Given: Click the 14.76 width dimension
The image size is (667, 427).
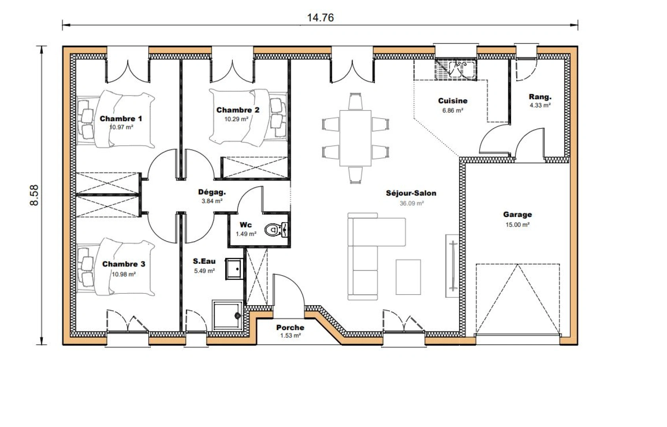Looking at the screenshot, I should [320, 18].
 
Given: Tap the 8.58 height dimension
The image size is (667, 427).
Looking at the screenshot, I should [34, 195].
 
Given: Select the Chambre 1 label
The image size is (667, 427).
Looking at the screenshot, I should [121, 119].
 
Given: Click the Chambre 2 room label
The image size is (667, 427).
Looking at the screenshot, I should [238, 110].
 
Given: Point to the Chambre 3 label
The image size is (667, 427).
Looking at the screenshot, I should [124, 264].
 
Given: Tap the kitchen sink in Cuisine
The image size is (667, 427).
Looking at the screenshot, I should [456, 69].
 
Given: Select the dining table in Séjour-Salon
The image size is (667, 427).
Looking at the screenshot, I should [355, 138].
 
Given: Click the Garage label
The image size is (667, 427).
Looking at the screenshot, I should [517, 215].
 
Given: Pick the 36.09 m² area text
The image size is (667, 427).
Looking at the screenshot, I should [412, 203].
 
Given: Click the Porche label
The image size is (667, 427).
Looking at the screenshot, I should [290, 327].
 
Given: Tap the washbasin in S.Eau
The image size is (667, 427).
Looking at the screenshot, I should [234, 269].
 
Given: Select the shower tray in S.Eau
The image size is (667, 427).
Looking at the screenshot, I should [227, 315].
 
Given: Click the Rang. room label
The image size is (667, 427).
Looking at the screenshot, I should [540, 97].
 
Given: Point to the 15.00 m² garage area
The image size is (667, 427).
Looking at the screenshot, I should [517, 225].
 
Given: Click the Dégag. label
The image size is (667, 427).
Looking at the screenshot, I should [212, 193].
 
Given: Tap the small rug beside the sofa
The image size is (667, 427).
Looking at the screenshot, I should [408, 277].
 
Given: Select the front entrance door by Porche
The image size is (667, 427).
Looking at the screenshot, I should [289, 293].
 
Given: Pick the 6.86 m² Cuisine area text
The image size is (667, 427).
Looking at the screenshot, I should [452, 111].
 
